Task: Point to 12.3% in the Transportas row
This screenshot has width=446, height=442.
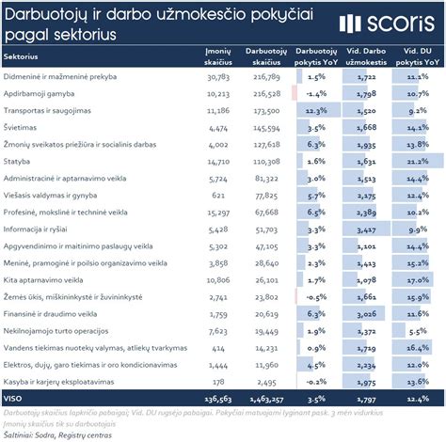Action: pyautogui.click(x=315, y=110)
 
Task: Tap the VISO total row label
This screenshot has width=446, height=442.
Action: pyautogui.click(x=15, y=399)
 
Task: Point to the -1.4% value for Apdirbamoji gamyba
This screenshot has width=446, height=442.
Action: pyautogui.click(x=315, y=93)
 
